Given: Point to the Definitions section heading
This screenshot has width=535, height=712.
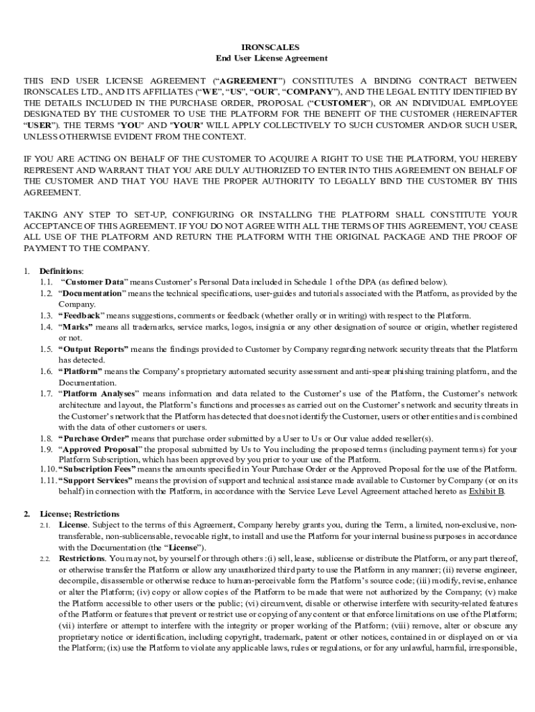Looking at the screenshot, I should coord(61,270).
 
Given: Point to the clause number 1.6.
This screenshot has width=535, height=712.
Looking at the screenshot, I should coord(46,371).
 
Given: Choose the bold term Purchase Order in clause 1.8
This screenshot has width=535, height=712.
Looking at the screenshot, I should coord(94,438).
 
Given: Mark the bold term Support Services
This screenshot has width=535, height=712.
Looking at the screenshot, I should coord(96,480).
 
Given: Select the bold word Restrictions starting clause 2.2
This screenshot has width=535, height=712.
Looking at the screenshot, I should coord(82,558).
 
